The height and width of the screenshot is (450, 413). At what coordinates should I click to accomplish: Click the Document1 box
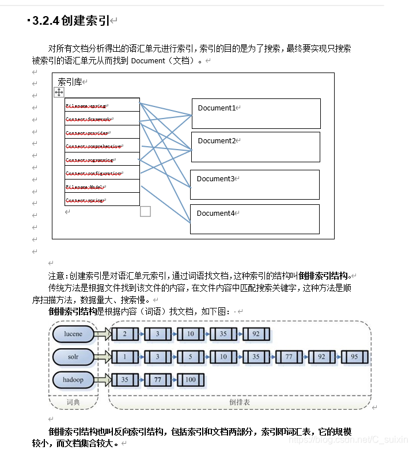click(256, 113)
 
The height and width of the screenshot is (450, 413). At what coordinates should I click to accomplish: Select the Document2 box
click(255, 147)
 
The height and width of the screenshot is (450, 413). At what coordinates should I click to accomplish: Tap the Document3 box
click(255, 184)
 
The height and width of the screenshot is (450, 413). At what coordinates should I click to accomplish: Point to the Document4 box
click(255, 219)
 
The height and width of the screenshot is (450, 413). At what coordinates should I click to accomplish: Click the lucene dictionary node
click(73, 334)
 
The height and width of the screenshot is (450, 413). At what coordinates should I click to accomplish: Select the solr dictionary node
click(73, 357)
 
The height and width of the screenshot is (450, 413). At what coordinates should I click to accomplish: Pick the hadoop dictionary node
click(73, 380)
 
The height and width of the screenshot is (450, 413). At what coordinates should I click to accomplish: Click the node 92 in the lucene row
click(256, 334)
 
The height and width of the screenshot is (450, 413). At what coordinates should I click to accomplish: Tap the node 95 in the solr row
click(354, 357)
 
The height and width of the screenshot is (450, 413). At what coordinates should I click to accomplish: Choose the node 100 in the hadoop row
click(190, 380)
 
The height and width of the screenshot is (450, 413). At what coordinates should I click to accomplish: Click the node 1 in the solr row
click(124, 357)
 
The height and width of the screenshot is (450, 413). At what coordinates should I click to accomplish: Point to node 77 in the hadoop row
click(157, 380)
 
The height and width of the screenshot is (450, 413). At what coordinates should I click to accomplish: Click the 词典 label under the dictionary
click(73, 402)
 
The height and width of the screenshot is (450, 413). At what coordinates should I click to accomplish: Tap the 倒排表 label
click(240, 402)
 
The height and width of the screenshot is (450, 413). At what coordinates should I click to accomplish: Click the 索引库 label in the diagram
click(70, 82)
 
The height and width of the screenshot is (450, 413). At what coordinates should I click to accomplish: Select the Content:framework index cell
click(102, 119)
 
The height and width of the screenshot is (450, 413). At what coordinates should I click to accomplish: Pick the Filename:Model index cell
click(102, 186)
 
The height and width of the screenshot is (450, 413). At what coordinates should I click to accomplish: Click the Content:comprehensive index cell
click(102, 146)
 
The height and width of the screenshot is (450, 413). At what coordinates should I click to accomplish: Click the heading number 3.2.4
click(46, 21)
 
